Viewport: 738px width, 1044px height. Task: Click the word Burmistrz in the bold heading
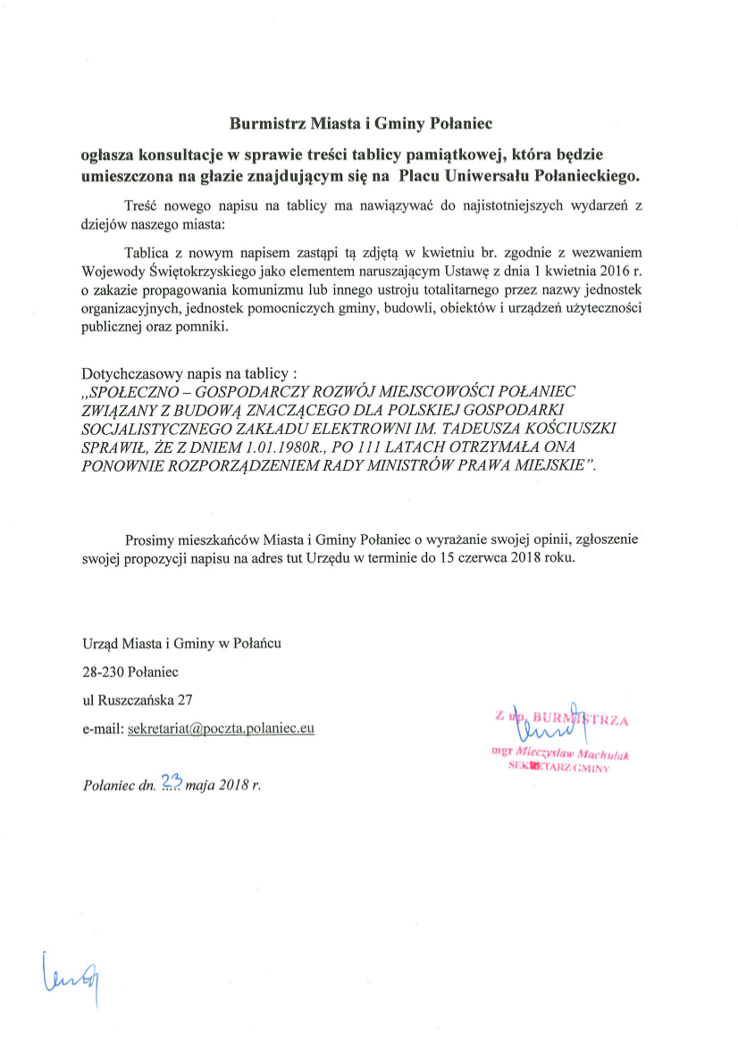[x=261, y=123]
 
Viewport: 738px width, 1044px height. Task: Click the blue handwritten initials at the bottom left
[x=69, y=976]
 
